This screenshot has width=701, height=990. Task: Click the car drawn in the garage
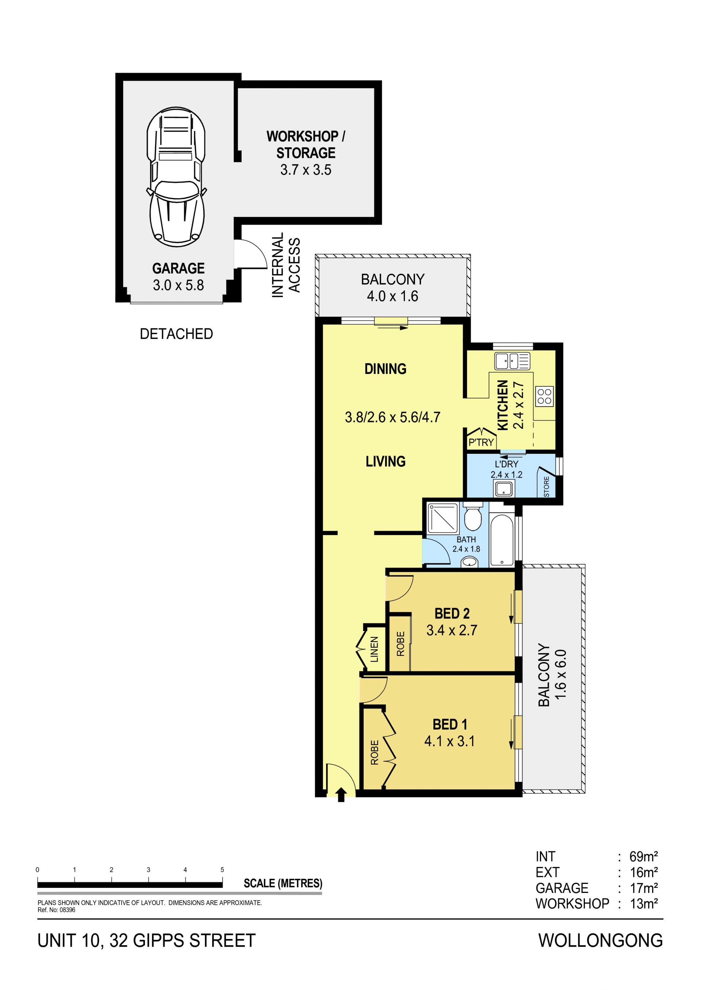point(176,177)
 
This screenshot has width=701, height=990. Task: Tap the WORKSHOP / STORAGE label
point(306,144)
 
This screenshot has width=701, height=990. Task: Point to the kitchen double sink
point(512,361)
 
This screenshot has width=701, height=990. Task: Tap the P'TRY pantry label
point(481,442)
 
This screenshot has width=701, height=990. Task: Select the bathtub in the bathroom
point(502,540)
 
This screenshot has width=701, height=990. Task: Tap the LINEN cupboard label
point(374,649)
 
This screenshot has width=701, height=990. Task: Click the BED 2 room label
point(452,613)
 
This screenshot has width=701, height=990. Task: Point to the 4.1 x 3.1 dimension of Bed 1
point(449,741)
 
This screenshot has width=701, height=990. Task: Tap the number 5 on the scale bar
point(222,870)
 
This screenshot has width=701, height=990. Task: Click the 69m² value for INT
point(644,856)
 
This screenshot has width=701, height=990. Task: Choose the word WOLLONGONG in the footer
point(601,940)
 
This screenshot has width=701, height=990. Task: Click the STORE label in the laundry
point(547,487)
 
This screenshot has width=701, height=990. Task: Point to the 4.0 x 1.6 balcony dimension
point(392,296)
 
